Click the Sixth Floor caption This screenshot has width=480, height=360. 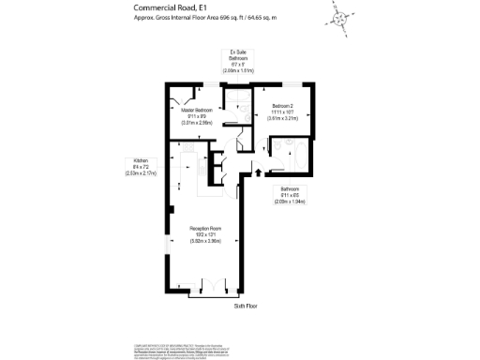(x=246, y=306)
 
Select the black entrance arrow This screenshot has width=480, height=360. (x=258, y=173)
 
